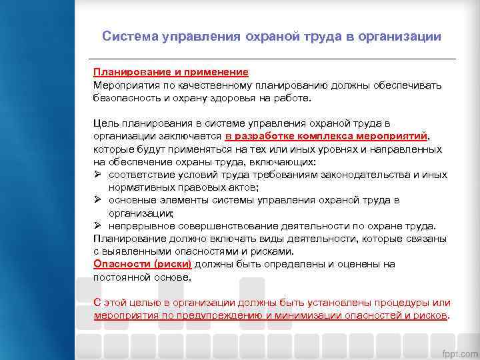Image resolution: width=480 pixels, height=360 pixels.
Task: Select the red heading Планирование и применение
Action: (x=171, y=72)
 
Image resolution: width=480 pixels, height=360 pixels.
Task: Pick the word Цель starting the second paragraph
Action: (x=105, y=123)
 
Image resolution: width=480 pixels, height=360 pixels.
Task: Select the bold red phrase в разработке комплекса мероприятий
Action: (x=326, y=136)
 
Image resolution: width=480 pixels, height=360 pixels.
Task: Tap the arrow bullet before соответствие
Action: (x=97, y=175)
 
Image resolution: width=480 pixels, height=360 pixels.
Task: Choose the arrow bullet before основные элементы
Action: (x=97, y=200)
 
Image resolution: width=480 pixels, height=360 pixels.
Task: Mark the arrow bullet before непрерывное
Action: (x=97, y=226)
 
